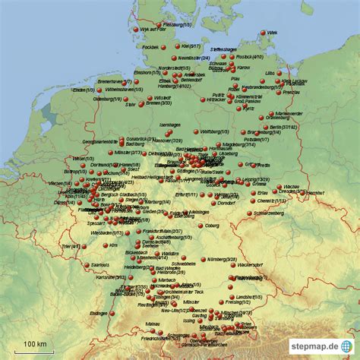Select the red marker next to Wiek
263,33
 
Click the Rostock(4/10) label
251,57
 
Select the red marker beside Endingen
116,312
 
